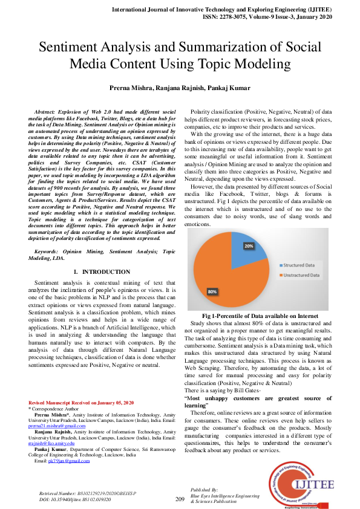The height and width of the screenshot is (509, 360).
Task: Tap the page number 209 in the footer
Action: [x=180, y=499]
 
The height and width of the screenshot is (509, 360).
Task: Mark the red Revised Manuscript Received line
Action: [x=81, y=403]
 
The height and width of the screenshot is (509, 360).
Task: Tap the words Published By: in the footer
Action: [x=205, y=488]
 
